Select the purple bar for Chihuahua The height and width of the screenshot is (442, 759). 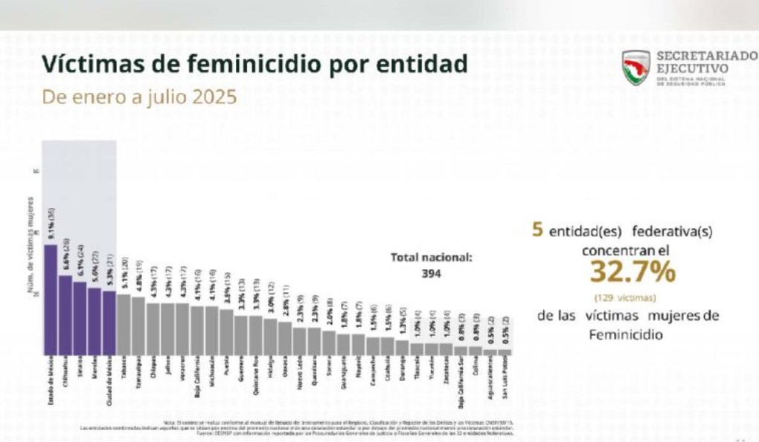65,315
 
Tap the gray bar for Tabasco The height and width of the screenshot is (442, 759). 124,325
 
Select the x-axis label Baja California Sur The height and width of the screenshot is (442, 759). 462,383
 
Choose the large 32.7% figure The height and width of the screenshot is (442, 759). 632,273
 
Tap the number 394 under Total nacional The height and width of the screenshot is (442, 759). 431,273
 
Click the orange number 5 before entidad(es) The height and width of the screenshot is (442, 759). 537,230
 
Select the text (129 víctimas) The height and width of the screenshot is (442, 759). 624,297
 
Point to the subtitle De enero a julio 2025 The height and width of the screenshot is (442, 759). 139,97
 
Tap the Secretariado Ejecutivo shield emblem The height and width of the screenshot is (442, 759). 636,68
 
